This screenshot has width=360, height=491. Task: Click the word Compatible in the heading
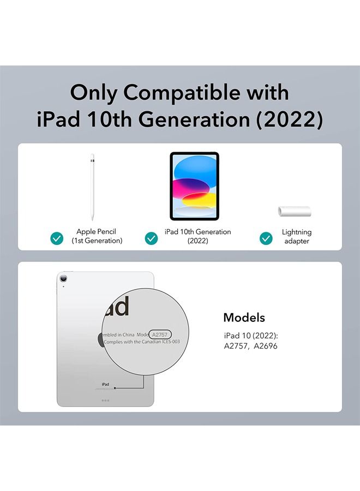tap(183, 93)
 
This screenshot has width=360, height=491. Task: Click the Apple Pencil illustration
tap(92, 187)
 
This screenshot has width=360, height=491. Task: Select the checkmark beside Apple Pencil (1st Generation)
tap(57, 238)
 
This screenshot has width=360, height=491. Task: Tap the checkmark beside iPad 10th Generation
tap(151, 238)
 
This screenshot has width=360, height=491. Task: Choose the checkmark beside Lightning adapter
tap(266, 238)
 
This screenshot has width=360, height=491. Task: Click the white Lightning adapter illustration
tap(294, 211)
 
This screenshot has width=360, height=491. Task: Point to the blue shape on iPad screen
tap(195, 169)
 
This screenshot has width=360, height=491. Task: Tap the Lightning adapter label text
tap(296, 236)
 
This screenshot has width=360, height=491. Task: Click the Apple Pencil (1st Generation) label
tap(97, 236)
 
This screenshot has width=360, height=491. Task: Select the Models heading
tap(244, 318)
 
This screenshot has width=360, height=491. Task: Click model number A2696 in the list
tap(266, 346)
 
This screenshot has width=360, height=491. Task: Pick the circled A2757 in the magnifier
tap(160, 334)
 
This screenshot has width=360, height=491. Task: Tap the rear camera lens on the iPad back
tap(64, 278)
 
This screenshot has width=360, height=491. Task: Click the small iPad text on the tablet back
tap(105, 384)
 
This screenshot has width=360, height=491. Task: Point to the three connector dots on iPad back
tap(105, 400)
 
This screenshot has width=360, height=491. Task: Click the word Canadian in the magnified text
tap(153, 342)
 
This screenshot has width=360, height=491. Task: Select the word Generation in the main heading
tap(194, 119)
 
